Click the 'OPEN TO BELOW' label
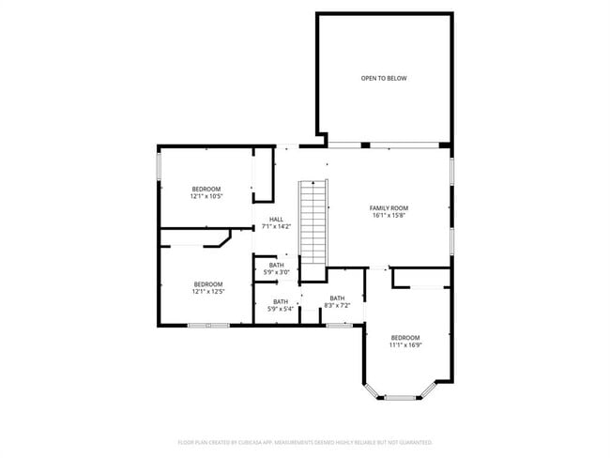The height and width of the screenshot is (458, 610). (384, 78)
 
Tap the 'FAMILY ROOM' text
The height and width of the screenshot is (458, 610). (389, 207)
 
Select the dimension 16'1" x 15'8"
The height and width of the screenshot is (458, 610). (389, 215)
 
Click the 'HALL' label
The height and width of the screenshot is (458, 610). (276, 219)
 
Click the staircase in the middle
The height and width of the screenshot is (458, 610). (312, 223)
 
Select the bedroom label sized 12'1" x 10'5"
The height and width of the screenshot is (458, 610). (206, 189)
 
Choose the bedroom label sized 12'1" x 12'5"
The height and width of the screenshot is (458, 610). (208, 283)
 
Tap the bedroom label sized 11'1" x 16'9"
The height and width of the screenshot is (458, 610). (405, 337)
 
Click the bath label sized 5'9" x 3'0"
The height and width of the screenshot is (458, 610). (277, 265)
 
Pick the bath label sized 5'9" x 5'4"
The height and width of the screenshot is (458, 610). (281, 301)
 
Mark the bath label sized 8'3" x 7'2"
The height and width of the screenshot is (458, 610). (337, 298)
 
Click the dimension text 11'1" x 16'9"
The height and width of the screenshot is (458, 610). (405, 344)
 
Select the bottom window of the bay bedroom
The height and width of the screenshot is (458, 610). (402, 397)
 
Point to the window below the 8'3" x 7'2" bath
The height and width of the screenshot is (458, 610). (339, 325)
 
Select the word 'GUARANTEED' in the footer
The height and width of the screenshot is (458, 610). (414, 441)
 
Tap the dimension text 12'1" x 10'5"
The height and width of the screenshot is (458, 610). (206, 196)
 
